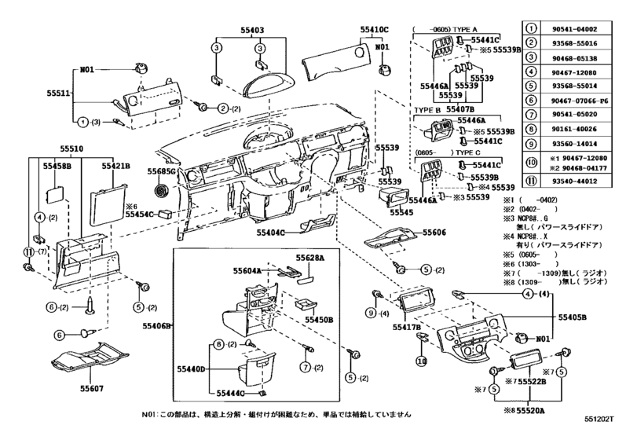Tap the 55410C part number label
[375, 29]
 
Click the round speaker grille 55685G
[163, 190]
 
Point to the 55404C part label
[272, 233]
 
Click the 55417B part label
[408, 326]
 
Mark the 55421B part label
[116, 167]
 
